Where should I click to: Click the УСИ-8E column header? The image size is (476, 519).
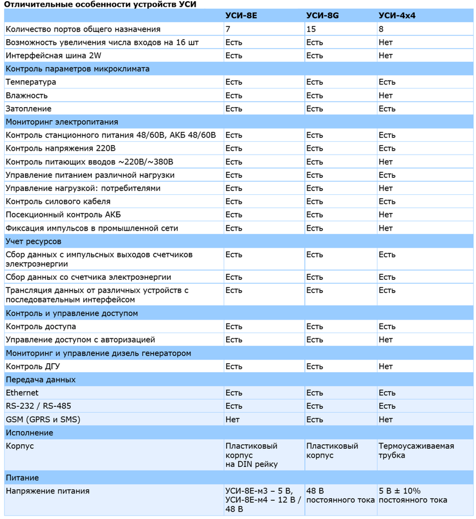(x=241, y=16)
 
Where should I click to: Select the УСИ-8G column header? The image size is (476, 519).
(x=322, y=16)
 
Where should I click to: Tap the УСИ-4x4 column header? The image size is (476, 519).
(x=397, y=16)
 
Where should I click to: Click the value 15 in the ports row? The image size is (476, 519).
(x=311, y=29)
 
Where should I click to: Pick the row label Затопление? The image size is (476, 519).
(x=28, y=109)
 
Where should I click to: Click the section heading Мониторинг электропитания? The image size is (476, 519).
(x=62, y=122)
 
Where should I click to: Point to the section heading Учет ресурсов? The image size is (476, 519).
(x=33, y=241)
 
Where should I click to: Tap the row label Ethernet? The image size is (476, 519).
(x=22, y=393)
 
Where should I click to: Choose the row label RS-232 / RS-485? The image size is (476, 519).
(x=39, y=406)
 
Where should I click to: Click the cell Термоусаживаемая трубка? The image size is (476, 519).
(x=416, y=450)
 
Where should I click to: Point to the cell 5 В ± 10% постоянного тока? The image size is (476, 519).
(x=413, y=495)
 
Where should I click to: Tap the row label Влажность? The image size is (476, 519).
(x=27, y=96)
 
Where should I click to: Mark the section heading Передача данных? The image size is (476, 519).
(x=41, y=380)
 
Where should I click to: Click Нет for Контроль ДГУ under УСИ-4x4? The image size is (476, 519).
(x=385, y=367)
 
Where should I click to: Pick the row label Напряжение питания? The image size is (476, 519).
(x=48, y=491)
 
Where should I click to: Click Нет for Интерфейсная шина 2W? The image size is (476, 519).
(x=385, y=56)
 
